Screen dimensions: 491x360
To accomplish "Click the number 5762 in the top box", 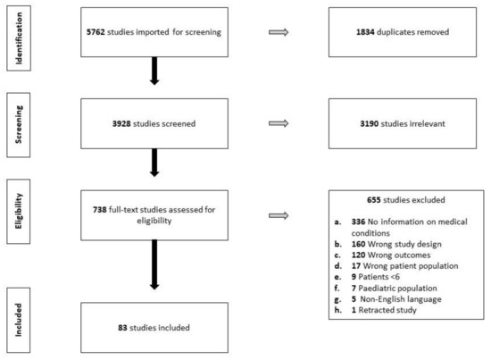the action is [x=96, y=32].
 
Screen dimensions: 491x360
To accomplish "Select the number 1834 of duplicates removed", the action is [x=365, y=32].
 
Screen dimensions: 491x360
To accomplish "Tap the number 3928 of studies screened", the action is [x=121, y=124].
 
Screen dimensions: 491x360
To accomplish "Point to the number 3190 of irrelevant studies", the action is [x=370, y=124].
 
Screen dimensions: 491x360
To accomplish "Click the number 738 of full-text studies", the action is [x=100, y=210].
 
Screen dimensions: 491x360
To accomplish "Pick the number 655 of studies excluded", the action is [x=374, y=200].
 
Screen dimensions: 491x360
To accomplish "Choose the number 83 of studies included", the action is [x=122, y=328].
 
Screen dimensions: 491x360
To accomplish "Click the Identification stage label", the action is [x=19, y=38].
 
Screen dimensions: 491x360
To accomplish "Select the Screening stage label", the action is [x=19, y=125].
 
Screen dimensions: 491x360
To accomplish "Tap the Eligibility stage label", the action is [x=19, y=211].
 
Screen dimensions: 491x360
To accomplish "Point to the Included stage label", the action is [x=19, y=320].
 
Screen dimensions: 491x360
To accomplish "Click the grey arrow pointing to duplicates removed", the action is [x=279, y=32].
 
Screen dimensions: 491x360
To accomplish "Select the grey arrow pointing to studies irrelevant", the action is [x=279, y=123].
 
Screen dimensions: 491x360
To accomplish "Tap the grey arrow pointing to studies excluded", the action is [x=279, y=215].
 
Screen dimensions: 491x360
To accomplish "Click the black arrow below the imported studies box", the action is [x=154, y=71].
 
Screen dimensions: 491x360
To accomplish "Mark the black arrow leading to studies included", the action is [x=154, y=264].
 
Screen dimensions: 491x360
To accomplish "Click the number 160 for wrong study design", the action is [x=358, y=244].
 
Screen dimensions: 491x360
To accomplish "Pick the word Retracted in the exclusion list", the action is [x=373, y=310].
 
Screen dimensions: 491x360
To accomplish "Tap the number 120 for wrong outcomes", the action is [x=358, y=255].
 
